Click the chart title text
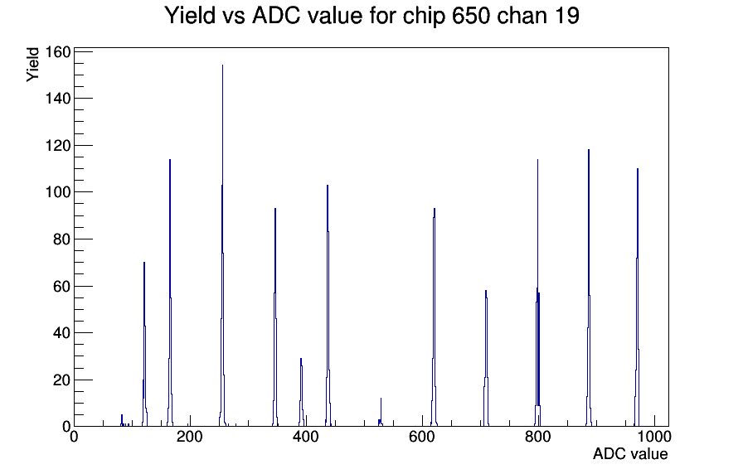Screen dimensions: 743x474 [x=371, y=16]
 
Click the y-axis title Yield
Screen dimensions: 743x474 [x=32, y=65]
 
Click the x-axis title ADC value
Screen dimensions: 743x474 [x=630, y=453]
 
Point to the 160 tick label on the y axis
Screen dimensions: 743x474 [x=58, y=51]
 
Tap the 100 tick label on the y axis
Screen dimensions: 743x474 [x=58, y=192]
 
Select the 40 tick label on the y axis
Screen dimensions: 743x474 [x=62, y=333]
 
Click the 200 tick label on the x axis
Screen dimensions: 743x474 [x=190, y=436]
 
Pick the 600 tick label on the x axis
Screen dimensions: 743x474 [x=422, y=436]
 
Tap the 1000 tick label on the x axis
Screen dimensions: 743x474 [x=654, y=436]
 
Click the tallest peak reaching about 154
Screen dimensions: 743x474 [x=222, y=246]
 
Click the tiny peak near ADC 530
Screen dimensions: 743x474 [x=381, y=413]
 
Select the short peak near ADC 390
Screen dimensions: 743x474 [x=301, y=393]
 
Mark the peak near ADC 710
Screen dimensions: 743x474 [x=486, y=360]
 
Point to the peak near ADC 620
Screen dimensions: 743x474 [x=434, y=317]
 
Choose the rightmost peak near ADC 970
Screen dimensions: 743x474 [x=638, y=298]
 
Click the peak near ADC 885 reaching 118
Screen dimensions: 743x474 [x=589, y=289]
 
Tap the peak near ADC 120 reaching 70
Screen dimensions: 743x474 [x=144, y=346]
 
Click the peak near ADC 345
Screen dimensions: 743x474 [x=274, y=317]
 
